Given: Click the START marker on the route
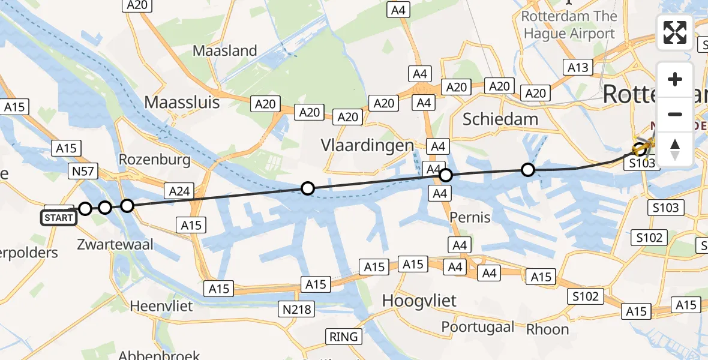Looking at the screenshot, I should pyautogui.click(x=59, y=217).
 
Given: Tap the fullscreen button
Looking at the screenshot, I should pyautogui.click(x=675, y=32).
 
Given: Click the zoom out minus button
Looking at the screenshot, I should pyautogui.click(x=675, y=114).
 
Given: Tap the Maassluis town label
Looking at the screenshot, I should pyautogui.click(x=182, y=103).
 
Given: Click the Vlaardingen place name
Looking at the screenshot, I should pyautogui.click(x=367, y=145).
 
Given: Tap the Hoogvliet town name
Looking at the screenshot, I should pyautogui.click(x=419, y=300).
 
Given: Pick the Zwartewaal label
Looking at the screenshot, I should pyautogui.click(x=115, y=244).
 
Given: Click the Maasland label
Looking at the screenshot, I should pyautogui.click(x=224, y=51).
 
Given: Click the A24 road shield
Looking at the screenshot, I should pyautogui.click(x=179, y=191).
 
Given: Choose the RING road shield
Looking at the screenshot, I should pyautogui.click(x=344, y=336).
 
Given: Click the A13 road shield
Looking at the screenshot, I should pyautogui.click(x=578, y=68).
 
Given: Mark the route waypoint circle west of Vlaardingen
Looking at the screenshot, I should pyautogui.click(x=307, y=189).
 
